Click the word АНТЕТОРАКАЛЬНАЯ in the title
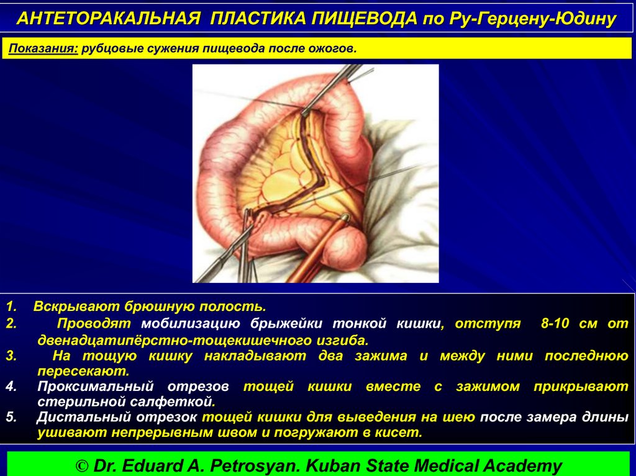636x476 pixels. point(109,18)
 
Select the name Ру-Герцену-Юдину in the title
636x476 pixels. point(532,19)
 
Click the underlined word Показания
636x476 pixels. point(43,48)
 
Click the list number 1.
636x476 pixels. point(11,306)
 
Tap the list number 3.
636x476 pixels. point(11,356)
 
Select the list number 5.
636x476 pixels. point(11,417)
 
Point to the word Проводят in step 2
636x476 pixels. point(94,323)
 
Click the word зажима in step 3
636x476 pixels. point(381,356)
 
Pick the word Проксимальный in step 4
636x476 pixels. point(95,387)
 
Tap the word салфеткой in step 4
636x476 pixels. point(171,402)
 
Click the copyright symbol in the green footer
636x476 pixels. point(82,466)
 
